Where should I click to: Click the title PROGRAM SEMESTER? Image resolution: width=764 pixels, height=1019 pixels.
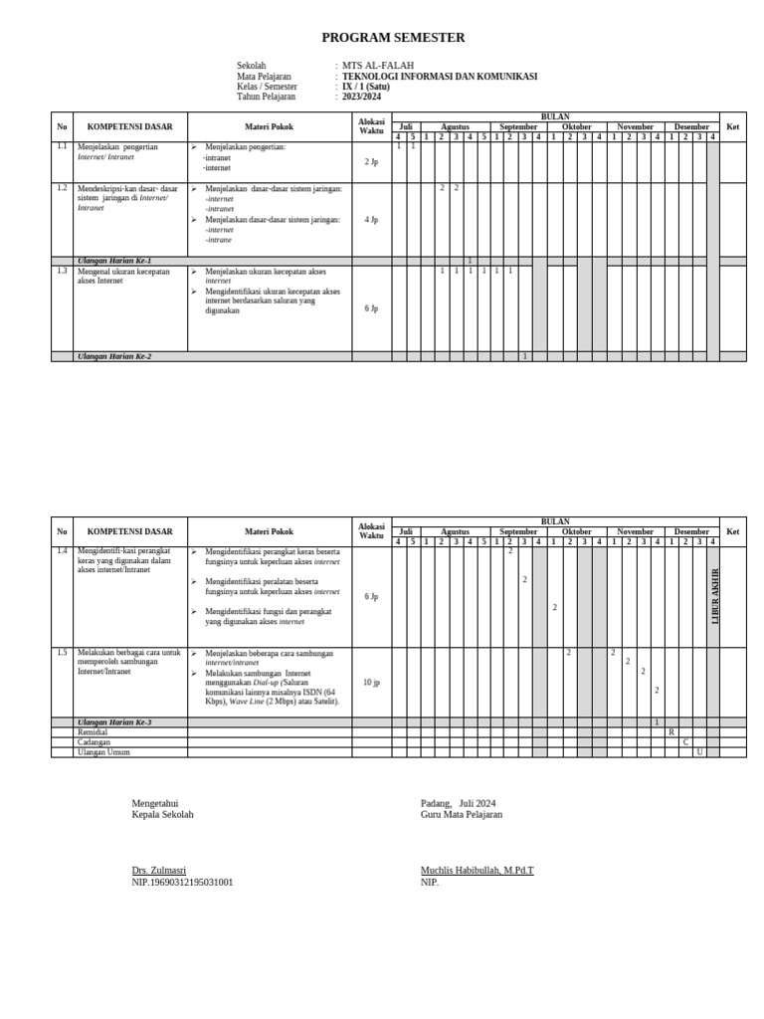pyautogui.click(x=393, y=38)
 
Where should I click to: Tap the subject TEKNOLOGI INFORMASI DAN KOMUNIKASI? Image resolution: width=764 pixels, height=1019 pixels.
pyautogui.click(x=439, y=77)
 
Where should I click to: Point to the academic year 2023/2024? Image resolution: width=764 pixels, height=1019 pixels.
pyautogui.click(x=361, y=97)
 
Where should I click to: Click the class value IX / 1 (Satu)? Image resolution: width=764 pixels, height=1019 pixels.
pyautogui.click(x=365, y=87)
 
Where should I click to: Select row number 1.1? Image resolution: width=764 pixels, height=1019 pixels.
pyautogui.click(x=62, y=146)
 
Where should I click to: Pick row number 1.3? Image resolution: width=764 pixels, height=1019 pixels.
pyautogui.click(x=62, y=271)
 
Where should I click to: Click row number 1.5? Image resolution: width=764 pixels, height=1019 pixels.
pyautogui.click(x=62, y=653)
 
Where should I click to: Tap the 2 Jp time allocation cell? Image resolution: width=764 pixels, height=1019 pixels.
pyautogui.click(x=371, y=161)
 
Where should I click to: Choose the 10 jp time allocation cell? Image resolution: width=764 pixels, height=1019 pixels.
pyautogui.click(x=371, y=683)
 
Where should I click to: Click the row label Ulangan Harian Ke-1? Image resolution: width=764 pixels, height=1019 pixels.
pyautogui.click(x=114, y=261)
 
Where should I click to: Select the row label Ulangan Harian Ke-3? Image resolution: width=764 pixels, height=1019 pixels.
pyautogui.click(x=114, y=722)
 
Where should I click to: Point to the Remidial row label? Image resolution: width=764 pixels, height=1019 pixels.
pyautogui.click(x=93, y=732)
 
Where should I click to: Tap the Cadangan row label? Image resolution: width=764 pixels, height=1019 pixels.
pyautogui.click(x=94, y=742)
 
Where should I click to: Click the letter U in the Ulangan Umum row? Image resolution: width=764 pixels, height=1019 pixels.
pyautogui.click(x=699, y=752)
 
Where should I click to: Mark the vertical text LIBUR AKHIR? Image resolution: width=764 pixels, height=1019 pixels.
pyautogui.click(x=713, y=596)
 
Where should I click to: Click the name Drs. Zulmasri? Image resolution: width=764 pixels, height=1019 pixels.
pyautogui.click(x=158, y=871)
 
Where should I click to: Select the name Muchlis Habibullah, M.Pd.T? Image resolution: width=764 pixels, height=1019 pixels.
pyautogui.click(x=477, y=871)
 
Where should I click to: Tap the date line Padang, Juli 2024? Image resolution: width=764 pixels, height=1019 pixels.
pyautogui.click(x=458, y=803)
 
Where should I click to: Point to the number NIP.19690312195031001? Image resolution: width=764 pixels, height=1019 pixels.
pyautogui.click(x=182, y=882)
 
